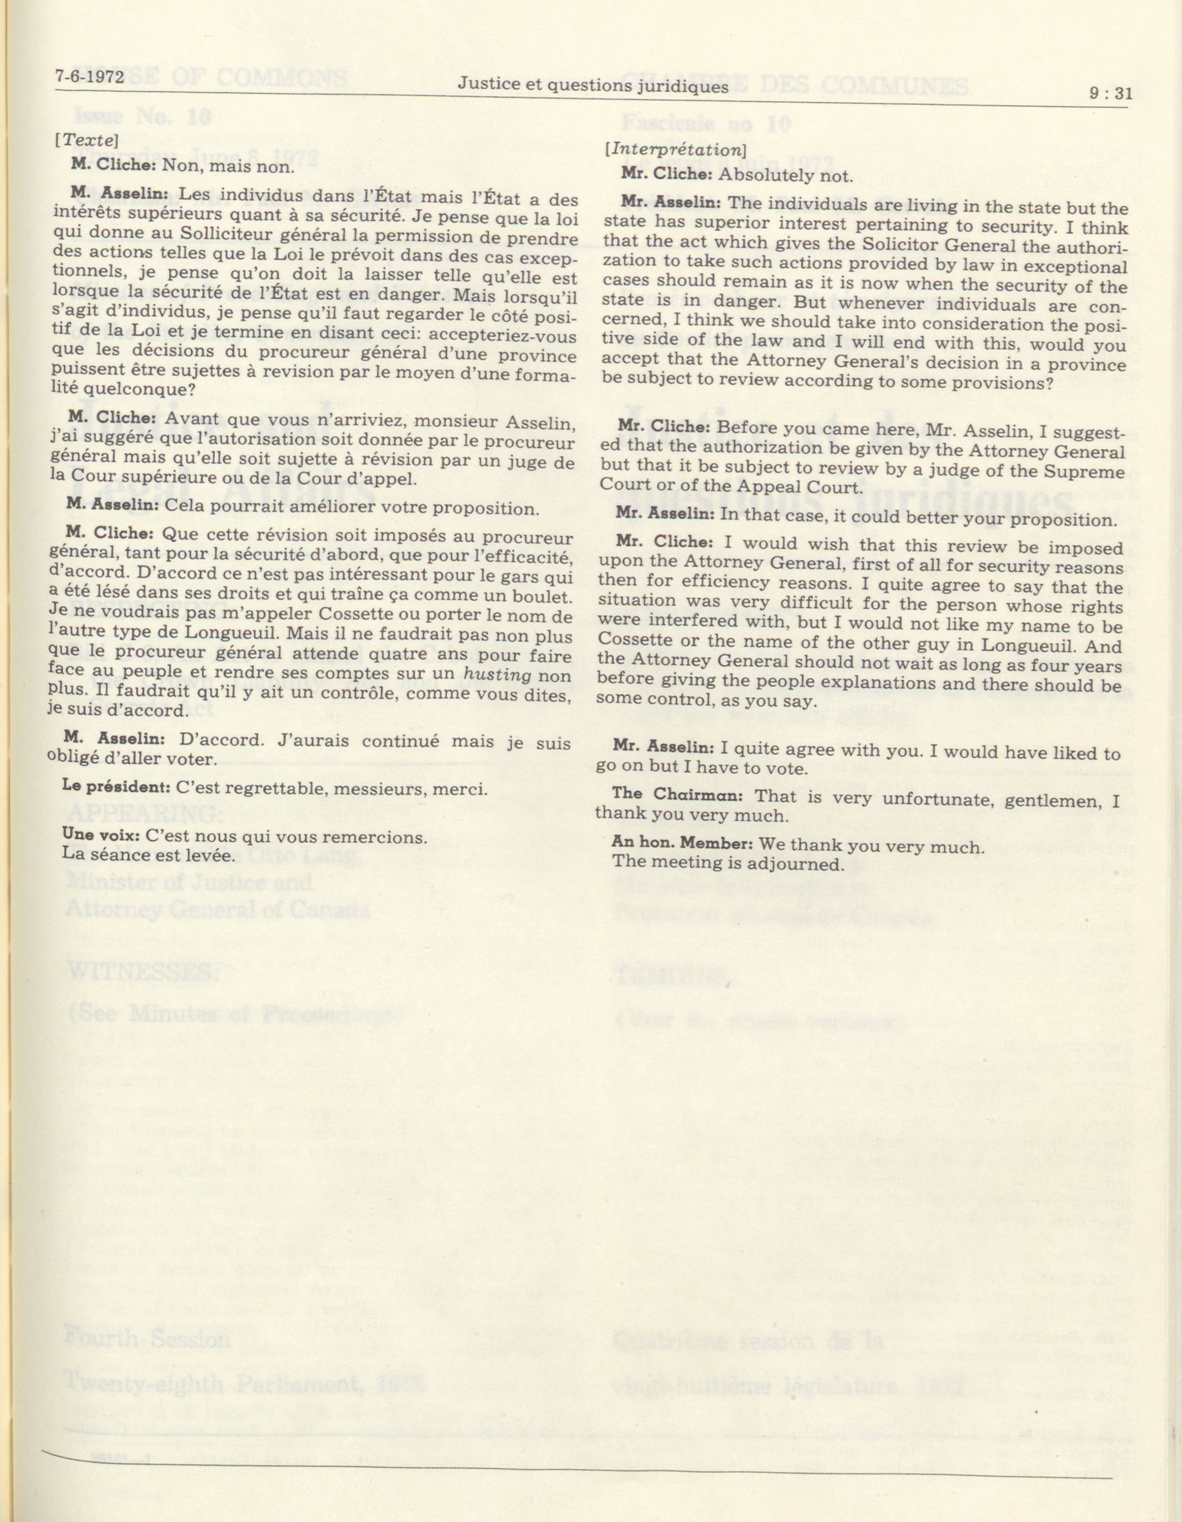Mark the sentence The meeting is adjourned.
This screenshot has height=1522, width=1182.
pos(727,863)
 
